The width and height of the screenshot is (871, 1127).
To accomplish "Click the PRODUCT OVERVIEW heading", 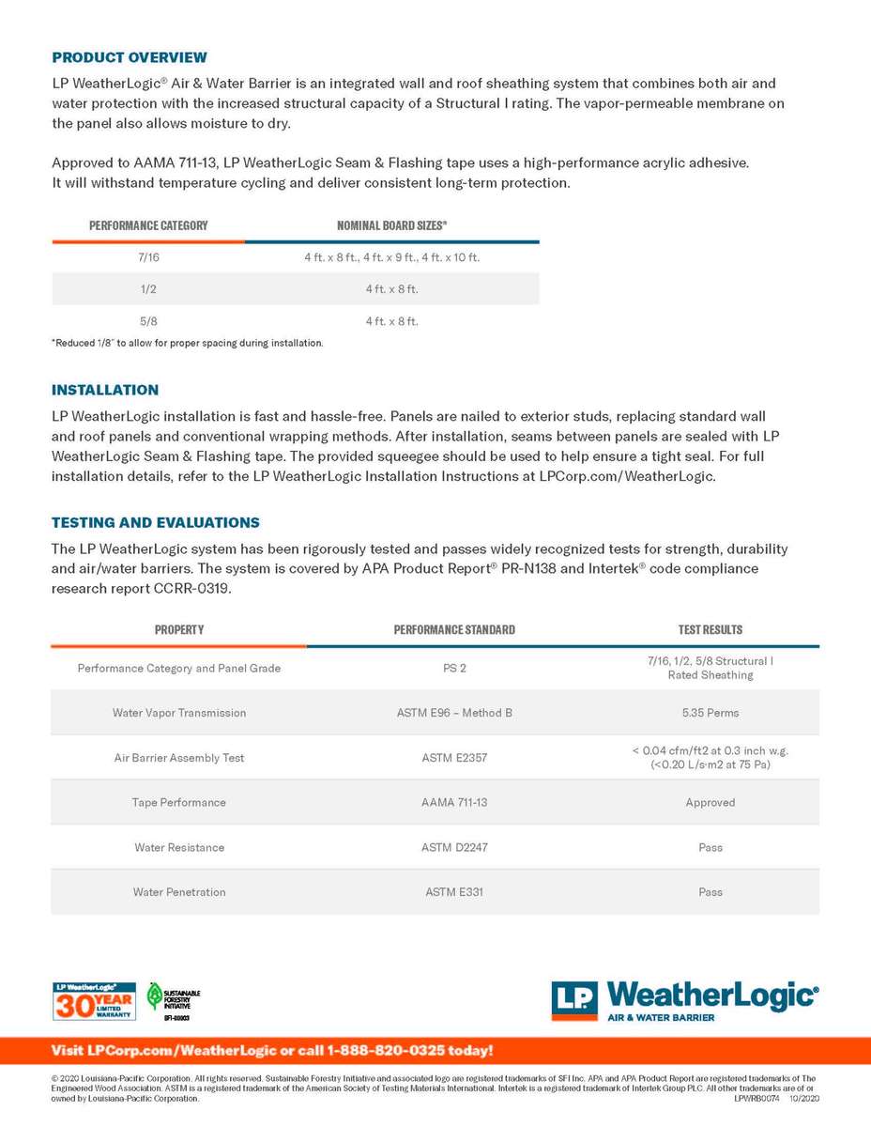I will coord(130,57).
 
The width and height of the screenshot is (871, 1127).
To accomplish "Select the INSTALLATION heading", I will coord(105,390).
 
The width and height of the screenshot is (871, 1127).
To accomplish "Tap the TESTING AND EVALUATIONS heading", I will coord(156,522).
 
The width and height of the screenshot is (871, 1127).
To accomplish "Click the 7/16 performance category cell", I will coord(148,256).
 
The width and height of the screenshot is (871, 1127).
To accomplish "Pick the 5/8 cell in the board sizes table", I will coord(148,321).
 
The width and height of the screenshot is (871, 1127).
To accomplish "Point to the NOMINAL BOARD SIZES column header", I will coord(391,225).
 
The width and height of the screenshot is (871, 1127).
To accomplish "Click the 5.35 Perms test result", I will coord(711,713).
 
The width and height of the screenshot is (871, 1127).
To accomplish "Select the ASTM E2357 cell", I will coord(454,758).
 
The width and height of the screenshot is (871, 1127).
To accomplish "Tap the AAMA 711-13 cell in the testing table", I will coord(454,803).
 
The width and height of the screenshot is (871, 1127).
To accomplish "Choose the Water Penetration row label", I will coord(179,892).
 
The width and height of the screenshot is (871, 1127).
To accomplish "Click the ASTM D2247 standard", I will coord(454,847).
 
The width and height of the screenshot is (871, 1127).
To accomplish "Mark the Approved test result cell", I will coord(711,803).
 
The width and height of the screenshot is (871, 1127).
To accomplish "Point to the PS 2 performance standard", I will coord(454,669).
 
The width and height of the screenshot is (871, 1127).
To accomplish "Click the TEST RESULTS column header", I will coord(711,629).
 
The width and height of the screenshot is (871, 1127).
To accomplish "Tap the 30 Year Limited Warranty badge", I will coord(92,1001).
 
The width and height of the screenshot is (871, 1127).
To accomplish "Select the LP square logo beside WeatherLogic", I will coord(573,1001).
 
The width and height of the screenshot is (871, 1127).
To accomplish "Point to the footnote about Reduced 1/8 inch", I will coord(187,343).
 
